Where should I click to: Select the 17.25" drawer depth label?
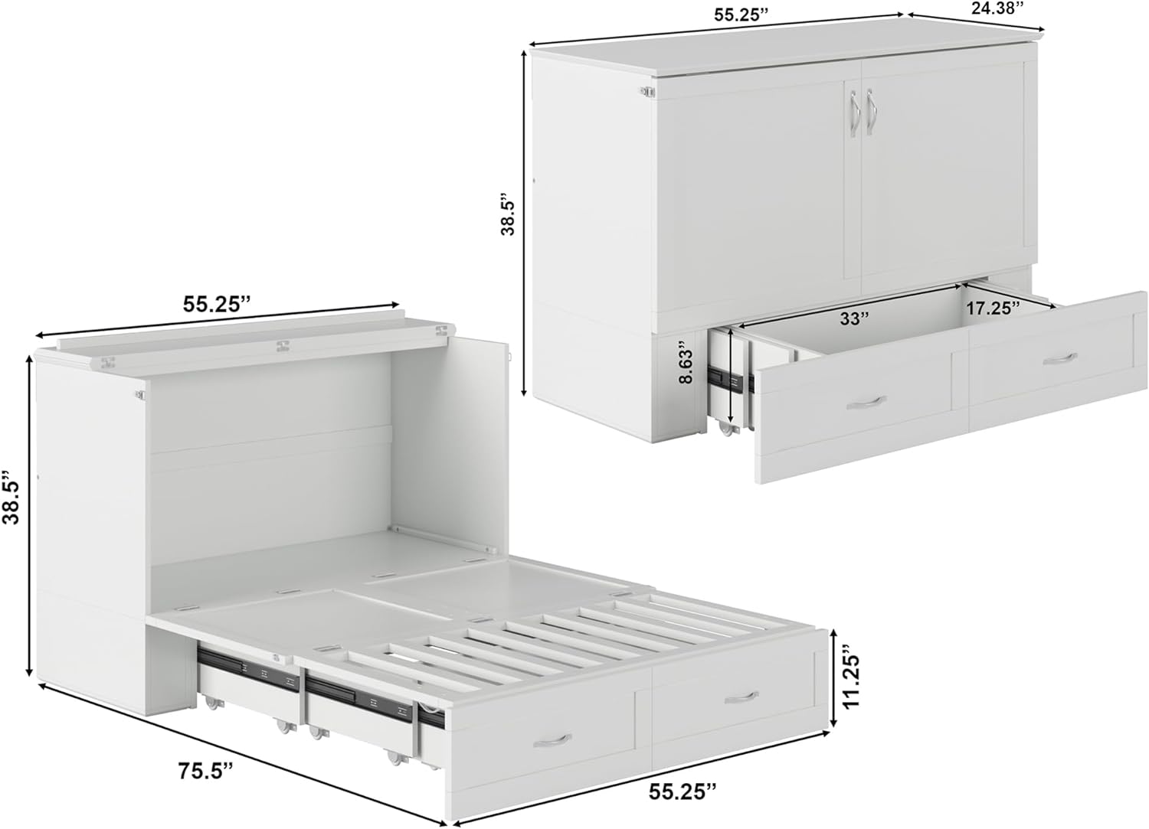pyautogui.click(x=993, y=308)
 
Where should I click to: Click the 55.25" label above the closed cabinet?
pyautogui.click(x=741, y=15)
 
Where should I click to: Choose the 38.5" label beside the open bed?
pyautogui.click(x=11, y=496)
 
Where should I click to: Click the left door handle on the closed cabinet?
pyautogui.click(x=853, y=113)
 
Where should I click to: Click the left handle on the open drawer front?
pyautogui.click(x=866, y=403)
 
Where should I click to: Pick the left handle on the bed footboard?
pyautogui.click(x=552, y=741)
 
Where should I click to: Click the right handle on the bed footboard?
pyautogui.click(x=741, y=698)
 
